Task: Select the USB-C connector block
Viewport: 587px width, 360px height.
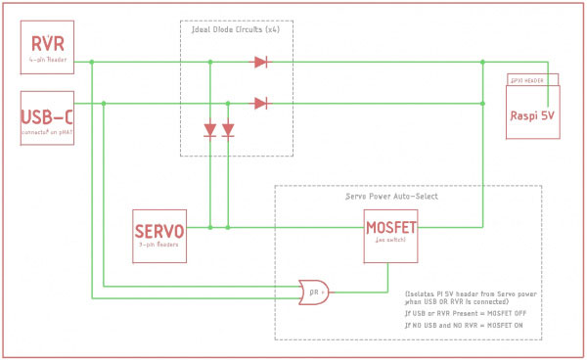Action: pos(47,117)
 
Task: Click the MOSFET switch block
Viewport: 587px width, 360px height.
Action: pos(391,237)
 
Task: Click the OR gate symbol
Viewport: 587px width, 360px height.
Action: pos(312,290)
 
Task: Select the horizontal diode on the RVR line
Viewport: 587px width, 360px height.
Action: pos(260,63)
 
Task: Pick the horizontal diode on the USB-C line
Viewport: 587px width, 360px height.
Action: pos(260,103)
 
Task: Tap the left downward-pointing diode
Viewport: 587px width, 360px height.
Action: pos(210,130)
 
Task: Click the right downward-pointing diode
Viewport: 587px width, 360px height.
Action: pos(228,130)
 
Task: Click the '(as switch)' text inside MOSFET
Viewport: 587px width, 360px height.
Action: pos(391,252)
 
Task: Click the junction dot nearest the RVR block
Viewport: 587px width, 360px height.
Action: pos(91,63)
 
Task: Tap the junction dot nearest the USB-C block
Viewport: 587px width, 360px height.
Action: pos(105,103)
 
